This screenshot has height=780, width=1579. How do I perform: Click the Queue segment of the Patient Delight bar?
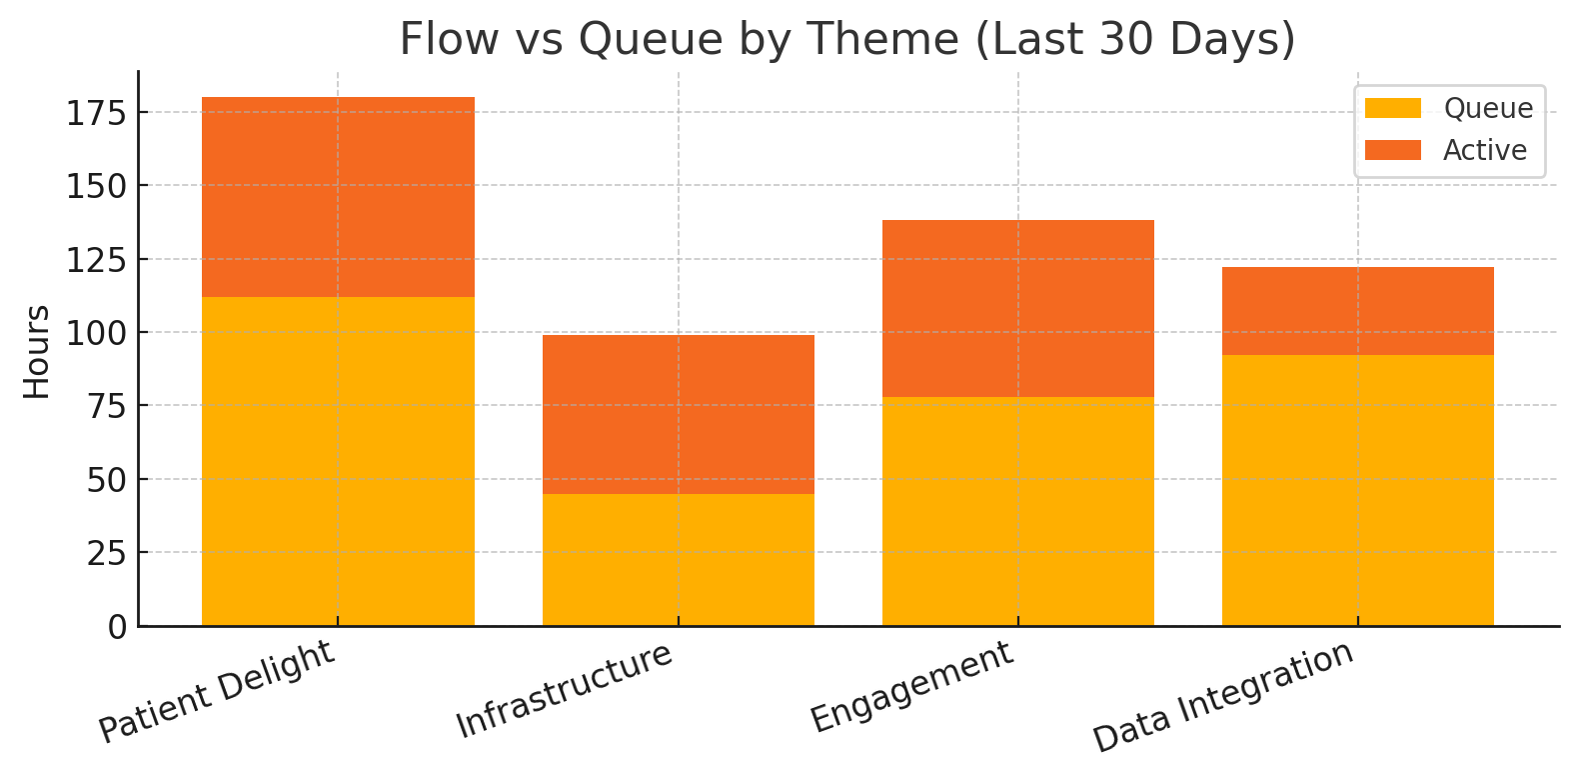(x=339, y=461)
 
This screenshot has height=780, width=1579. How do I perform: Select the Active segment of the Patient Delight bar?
(x=339, y=197)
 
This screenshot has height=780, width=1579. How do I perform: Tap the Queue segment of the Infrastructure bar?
(x=679, y=560)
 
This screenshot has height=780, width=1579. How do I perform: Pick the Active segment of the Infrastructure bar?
(x=679, y=415)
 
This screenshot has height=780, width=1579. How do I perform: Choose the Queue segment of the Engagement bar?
(x=1018, y=511)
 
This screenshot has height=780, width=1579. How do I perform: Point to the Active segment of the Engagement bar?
(x=1018, y=309)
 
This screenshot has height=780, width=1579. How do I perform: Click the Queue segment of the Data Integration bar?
(x=1358, y=490)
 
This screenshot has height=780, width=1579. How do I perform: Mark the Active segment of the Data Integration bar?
(x=1358, y=311)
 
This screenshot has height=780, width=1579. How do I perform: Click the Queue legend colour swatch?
(x=1393, y=108)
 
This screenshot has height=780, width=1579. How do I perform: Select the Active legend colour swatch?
(x=1393, y=150)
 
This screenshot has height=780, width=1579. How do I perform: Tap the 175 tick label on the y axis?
(x=97, y=113)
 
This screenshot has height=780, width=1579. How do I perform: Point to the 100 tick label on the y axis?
(x=97, y=333)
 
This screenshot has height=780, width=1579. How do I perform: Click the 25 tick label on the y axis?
(x=107, y=554)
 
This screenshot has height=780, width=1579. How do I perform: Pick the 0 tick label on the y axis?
(x=117, y=627)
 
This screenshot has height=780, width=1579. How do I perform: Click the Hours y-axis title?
(x=37, y=352)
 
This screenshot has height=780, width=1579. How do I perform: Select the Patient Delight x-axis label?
(x=216, y=691)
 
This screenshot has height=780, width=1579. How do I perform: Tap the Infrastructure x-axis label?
(x=564, y=690)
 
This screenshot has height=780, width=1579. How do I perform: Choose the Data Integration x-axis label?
(x=1223, y=696)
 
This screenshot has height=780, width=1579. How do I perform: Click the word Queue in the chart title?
(x=651, y=39)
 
